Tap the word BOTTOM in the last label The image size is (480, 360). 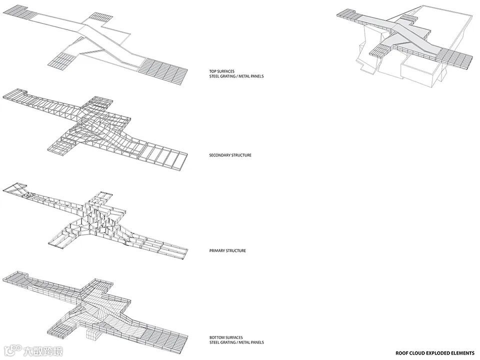tap(216, 338)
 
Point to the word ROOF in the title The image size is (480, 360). tap(400, 353)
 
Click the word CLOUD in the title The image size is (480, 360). tap(414, 353)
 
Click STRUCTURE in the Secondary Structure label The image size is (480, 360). tap(242, 155)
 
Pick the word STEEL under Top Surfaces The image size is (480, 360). tap(214, 76)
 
